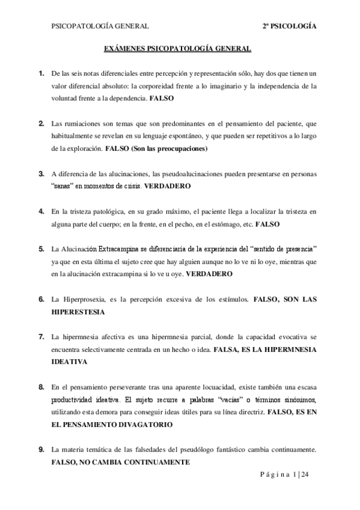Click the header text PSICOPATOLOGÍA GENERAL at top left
point(101,26)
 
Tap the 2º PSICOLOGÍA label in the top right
point(290,26)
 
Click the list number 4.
point(41,212)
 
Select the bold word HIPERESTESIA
point(78,312)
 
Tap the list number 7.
point(41,336)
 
